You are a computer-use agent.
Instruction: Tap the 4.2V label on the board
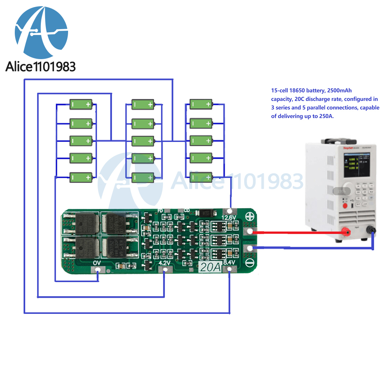tap(165, 263)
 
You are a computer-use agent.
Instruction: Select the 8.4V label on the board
tap(229, 263)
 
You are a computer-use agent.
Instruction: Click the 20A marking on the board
tap(210, 267)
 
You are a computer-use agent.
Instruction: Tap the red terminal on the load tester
tap(344, 233)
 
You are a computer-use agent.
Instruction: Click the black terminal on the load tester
tap(373, 230)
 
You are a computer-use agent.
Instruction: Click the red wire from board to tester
tap(296, 233)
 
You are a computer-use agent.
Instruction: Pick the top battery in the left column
tap(81, 104)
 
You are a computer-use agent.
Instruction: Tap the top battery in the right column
tap(201, 104)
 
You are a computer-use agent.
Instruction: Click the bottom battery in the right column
tap(201, 177)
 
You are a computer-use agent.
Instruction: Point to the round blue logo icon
tap(41, 32)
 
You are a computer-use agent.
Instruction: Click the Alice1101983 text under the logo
tap(40, 67)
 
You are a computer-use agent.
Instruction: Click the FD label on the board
tap(159, 211)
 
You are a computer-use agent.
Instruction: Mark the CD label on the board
tap(187, 211)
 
